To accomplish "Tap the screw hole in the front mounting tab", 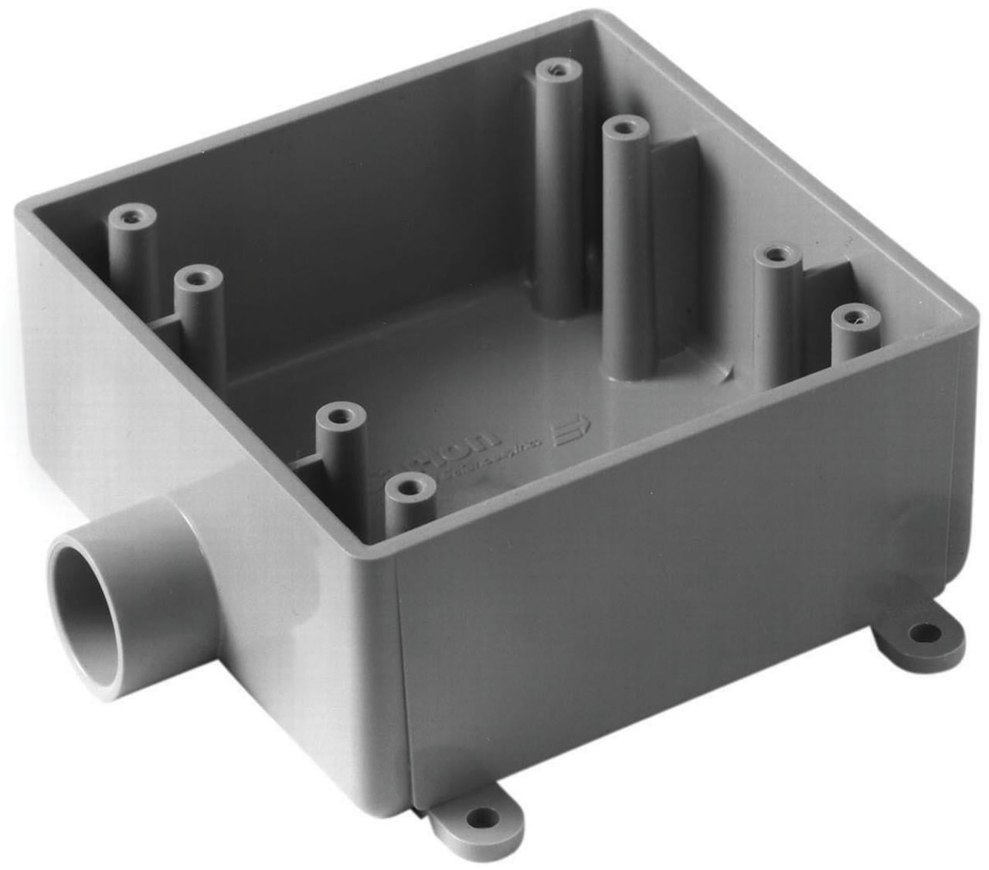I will click(x=484, y=817).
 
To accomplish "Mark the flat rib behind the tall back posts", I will click(x=672, y=178).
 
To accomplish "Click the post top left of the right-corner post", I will click(x=777, y=255).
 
